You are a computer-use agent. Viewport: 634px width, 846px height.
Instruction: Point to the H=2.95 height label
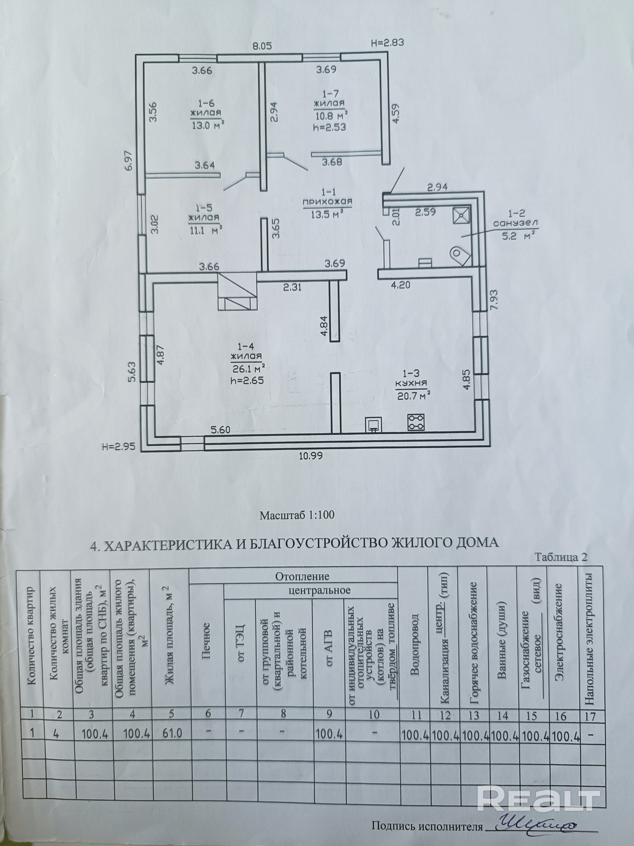tap(119, 446)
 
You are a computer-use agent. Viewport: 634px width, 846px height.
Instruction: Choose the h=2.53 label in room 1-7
tap(329, 127)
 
